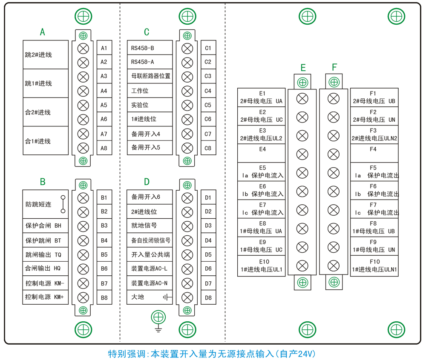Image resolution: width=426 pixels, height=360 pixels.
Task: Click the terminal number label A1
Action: pyautogui.click(x=104, y=48)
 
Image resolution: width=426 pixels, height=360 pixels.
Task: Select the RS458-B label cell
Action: pyautogui.click(x=150, y=48)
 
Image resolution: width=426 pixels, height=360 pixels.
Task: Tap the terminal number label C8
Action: pyautogui.click(x=208, y=148)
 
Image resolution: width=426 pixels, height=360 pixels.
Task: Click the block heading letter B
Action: pyautogui.click(x=43, y=182)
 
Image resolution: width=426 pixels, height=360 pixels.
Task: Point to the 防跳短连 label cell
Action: pyautogui.click(x=45, y=204)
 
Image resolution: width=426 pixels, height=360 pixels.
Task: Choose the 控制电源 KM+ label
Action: pyautogui.click(x=45, y=297)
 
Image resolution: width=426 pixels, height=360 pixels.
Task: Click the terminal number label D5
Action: pyautogui.click(x=208, y=254)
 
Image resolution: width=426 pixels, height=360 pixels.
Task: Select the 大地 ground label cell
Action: pyautogui.click(x=150, y=297)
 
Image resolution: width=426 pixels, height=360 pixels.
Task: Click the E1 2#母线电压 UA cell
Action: pyautogui.click(x=261, y=97)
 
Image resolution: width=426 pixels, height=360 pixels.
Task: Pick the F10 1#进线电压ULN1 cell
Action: pyautogui.click(x=374, y=266)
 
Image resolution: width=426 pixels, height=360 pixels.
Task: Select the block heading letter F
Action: pyautogui.click(x=334, y=67)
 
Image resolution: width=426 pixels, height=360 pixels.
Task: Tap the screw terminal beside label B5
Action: pyautogui.click(x=83, y=254)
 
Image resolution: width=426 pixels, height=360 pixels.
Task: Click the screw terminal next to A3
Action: pyautogui.click(x=83, y=77)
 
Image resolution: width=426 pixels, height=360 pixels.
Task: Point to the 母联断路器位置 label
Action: pyautogui.click(x=150, y=76)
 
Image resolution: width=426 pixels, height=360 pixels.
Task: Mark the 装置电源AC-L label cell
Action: pyautogui.click(x=150, y=269)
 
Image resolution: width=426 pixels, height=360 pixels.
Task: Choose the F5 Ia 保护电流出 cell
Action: pyautogui.click(x=374, y=172)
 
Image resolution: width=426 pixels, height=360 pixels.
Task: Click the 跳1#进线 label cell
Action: pyautogui.click(x=45, y=83)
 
